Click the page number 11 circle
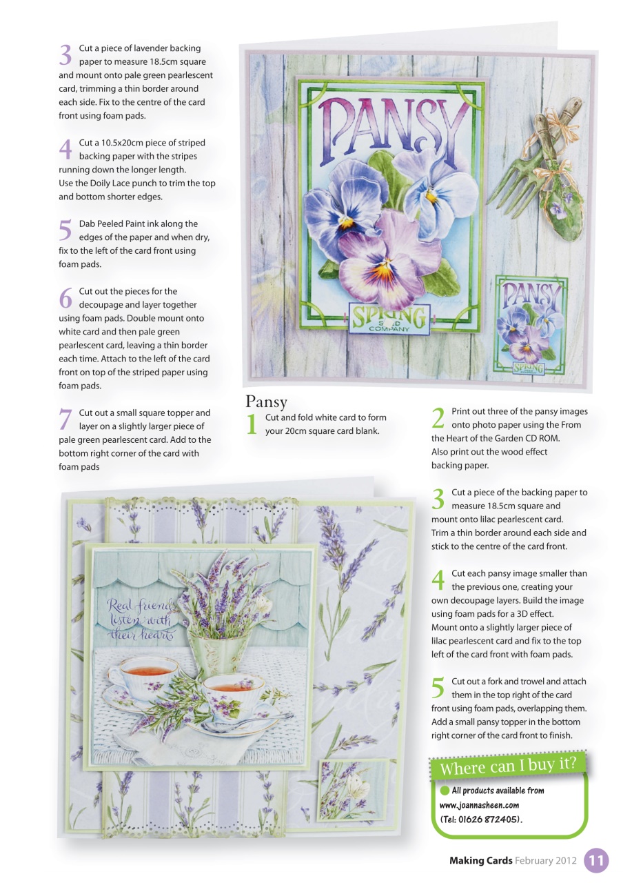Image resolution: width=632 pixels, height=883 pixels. pyautogui.click(x=596, y=861)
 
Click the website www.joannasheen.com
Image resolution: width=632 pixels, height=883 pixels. pyautogui.click(x=479, y=805)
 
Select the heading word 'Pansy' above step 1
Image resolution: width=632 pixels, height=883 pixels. pyautogui.click(x=266, y=401)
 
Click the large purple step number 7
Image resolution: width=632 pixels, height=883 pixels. pyautogui.click(x=65, y=419)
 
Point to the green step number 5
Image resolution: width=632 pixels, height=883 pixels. pyautogui.click(x=438, y=688)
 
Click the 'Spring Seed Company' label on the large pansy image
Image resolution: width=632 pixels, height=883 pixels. pyautogui.click(x=389, y=319)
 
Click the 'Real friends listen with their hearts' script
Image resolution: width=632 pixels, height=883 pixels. pyautogui.click(x=141, y=619)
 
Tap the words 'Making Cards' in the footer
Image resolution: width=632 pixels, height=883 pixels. pyautogui.click(x=480, y=861)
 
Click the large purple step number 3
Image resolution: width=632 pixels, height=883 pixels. pyautogui.click(x=65, y=54)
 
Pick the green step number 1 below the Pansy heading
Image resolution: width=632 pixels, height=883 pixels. pyautogui.click(x=252, y=424)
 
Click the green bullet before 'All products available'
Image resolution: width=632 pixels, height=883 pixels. pyautogui.click(x=445, y=791)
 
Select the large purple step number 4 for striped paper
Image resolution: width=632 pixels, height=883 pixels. pyautogui.click(x=65, y=149)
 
